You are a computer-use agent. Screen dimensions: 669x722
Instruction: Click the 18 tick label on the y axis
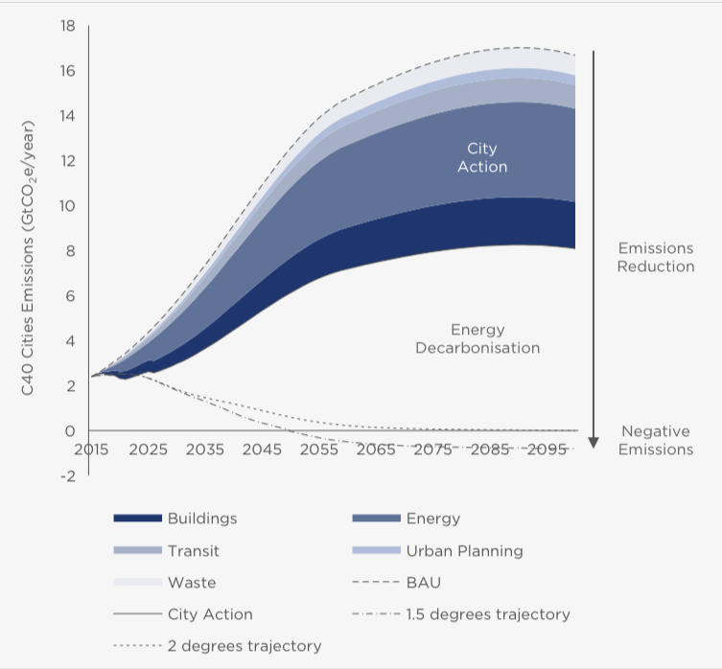click(x=68, y=26)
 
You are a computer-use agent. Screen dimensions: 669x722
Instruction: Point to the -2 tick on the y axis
click(x=66, y=476)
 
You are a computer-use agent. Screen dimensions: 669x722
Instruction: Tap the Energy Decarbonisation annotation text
click(x=477, y=338)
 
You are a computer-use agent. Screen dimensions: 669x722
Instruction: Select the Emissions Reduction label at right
click(x=656, y=257)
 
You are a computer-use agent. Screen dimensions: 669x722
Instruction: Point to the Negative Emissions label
click(x=656, y=440)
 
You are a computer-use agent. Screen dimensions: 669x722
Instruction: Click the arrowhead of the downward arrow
click(x=594, y=442)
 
